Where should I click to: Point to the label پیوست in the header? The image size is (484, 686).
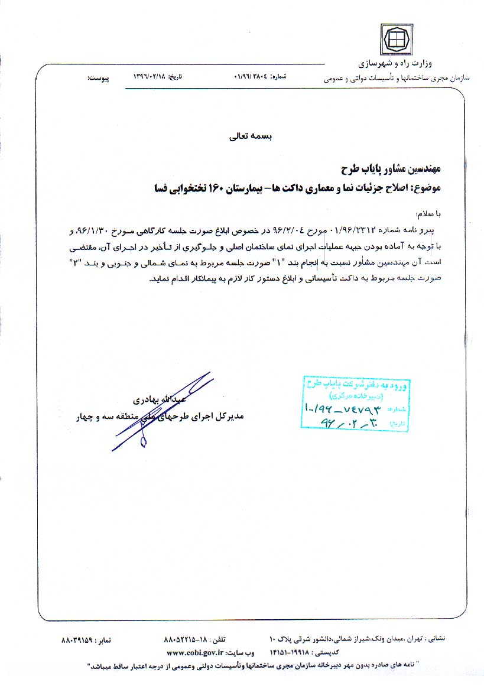click(x=98, y=77)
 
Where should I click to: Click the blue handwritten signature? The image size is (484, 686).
click(x=163, y=408)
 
